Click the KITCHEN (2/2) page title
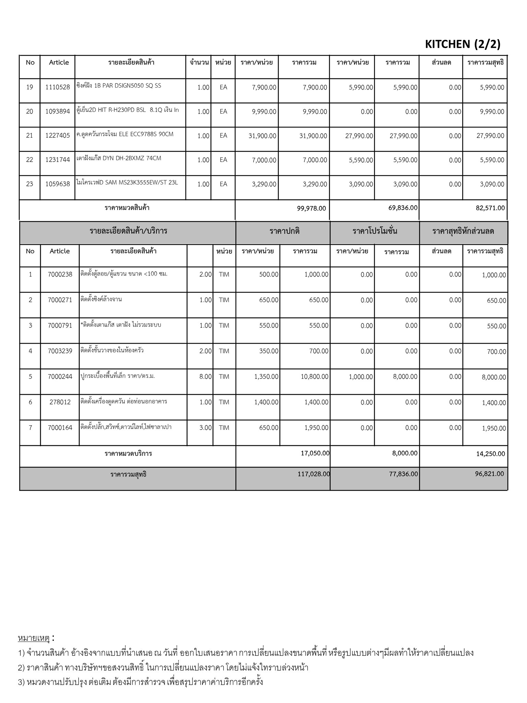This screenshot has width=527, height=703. [462, 44]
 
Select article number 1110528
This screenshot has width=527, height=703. [57, 87]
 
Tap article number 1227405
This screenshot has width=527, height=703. [57, 136]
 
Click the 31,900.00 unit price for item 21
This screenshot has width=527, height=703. [262, 136]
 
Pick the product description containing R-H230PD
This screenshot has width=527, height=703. [128, 110]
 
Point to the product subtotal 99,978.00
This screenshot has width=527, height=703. [311, 208]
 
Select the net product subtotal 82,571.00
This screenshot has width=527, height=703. [490, 208]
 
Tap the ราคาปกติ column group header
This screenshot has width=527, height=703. [284, 231]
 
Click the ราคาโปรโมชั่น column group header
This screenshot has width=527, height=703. [375, 231]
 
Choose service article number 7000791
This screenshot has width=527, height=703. [60, 325]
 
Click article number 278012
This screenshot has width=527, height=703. [60, 402]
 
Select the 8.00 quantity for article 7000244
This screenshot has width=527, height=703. [206, 377]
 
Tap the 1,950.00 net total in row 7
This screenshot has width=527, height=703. [494, 428]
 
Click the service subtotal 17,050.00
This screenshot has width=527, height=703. [315, 453]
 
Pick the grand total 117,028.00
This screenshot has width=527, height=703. [314, 474]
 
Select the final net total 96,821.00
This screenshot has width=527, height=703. [489, 474]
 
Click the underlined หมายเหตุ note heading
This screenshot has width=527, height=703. [34, 638]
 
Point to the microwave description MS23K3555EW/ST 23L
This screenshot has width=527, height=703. [127, 183]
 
